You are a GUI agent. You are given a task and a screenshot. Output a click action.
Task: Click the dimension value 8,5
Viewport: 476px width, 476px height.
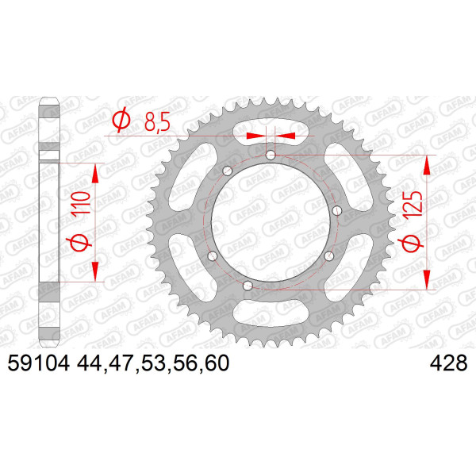pos(156,122)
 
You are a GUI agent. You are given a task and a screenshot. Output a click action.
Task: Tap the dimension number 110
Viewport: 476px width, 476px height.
pos(81,202)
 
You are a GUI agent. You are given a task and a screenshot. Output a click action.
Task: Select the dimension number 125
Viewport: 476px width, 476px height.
pos(413,203)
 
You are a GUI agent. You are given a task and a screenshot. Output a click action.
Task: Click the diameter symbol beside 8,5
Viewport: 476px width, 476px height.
pos(121,121)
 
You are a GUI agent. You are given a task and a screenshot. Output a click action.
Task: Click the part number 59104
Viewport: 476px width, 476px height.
pos(39,363)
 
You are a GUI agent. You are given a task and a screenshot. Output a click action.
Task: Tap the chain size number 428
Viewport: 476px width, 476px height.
pos(448,363)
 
